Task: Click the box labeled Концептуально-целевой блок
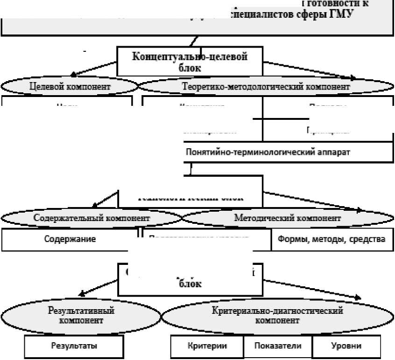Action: tap(190, 61)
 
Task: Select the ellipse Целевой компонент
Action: tap(70, 86)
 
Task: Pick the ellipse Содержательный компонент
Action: tap(92, 218)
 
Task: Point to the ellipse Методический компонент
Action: tap(287, 218)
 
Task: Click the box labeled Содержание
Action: tap(70, 239)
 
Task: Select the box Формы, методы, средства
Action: tap(332, 239)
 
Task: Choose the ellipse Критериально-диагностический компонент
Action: tap(277, 315)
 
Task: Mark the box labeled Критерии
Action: tap(207, 346)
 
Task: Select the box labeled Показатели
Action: tap(277, 346)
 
